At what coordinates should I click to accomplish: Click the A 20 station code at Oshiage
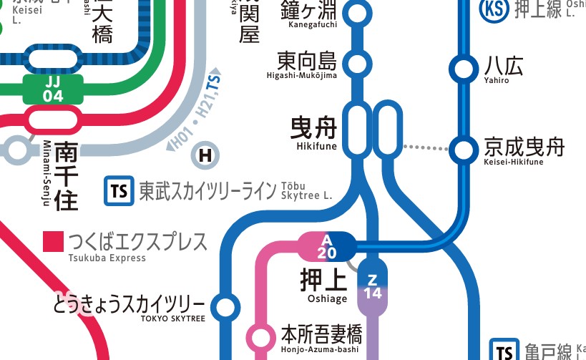pos(328,246)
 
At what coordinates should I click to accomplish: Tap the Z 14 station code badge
pos(372,286)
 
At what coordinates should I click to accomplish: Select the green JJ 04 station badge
pos(53,89)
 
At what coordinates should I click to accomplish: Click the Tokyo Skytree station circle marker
pos(225,308)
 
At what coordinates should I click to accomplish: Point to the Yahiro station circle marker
pos(462,69)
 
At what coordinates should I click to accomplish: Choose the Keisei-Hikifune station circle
pos(463,150)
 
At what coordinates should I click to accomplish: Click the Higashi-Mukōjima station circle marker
pos(357,63)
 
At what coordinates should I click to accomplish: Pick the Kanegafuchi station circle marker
pos(357,12)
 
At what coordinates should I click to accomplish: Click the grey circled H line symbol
pos(206,154)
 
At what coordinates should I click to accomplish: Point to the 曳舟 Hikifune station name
pos(313,128)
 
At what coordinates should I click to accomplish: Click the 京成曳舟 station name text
pos(524,147)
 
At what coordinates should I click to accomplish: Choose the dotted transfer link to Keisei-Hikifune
pos(426,148)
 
